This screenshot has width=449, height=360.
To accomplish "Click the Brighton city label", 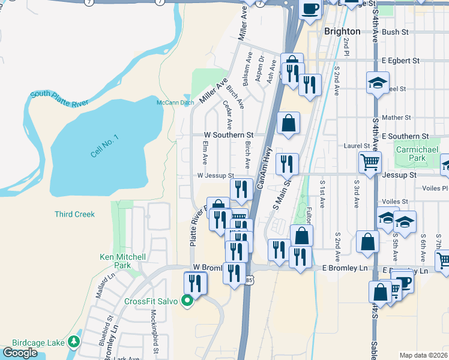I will tap(342, 31).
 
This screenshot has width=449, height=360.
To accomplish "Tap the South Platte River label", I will tap(59, 98).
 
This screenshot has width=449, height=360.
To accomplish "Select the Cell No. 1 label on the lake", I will tap(104, 146).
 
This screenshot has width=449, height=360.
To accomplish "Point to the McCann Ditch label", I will tap(175, 103).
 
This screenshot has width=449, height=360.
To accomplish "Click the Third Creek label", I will tap(74, 214).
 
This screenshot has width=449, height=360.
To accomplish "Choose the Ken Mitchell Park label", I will tap(122, 261).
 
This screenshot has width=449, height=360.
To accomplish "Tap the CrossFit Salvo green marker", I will tap(187, 301).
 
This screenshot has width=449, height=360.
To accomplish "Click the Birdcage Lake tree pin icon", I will tap(73, 342).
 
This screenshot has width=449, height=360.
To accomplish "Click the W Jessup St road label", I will tap(215, 175).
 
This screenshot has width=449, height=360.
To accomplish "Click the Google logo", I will tap(20, 352).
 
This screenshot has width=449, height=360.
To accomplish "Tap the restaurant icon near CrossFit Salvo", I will tap(195, 283).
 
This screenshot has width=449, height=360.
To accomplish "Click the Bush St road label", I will tap(394, 31).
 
